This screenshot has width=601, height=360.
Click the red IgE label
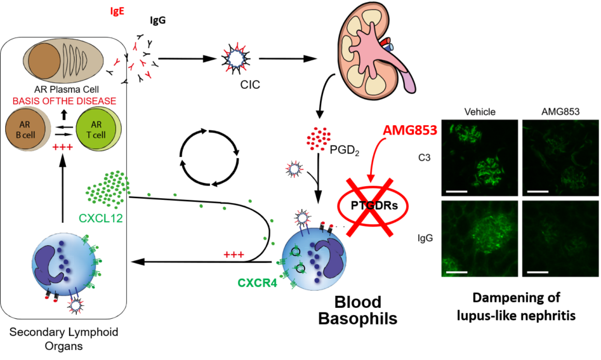point(117,11)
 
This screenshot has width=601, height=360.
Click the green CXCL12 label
point(101,218)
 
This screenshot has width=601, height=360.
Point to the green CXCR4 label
point(257,283)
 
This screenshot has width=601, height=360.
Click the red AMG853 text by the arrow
point(409,131)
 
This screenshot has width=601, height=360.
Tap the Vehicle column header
point(480,112)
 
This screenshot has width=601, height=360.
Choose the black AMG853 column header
point(560,112)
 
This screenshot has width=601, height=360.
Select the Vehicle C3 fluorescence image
point(480,159)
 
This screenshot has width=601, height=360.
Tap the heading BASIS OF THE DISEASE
point(64,101)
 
